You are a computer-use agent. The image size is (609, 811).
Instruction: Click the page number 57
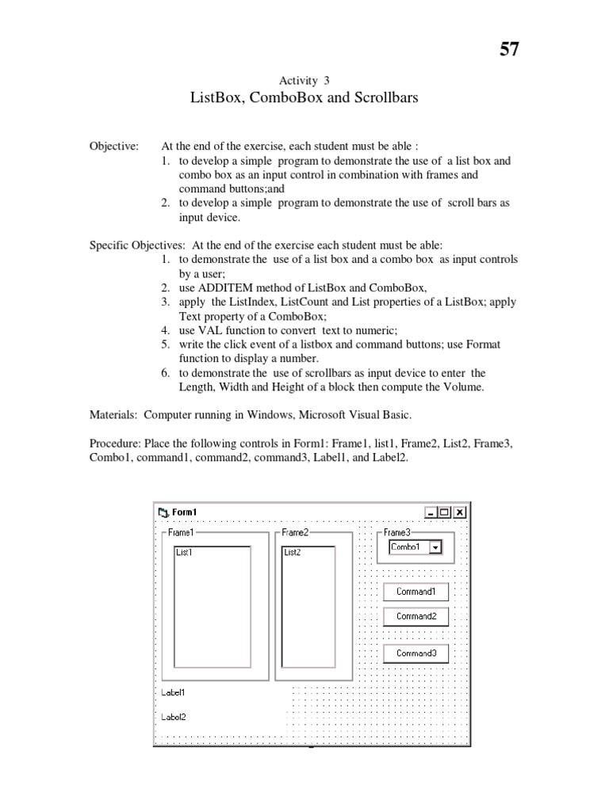point(509,49)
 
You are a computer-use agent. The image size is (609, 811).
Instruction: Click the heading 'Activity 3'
point(304,80)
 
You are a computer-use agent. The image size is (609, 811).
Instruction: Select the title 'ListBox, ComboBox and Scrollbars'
point(304,98)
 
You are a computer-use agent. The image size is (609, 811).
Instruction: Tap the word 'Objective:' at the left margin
point(114,147)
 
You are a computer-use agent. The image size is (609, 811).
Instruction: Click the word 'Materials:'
point(114,414)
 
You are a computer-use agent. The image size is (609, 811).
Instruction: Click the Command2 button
point(416,616)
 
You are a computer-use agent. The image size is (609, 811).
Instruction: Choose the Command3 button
point(416,653)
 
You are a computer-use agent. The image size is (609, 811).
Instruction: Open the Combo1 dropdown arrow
point(435,547)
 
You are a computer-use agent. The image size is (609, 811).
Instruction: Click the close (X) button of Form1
point(460,512)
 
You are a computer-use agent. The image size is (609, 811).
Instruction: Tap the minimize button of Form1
point(431,512)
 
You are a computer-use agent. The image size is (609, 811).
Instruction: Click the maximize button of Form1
point(445,512)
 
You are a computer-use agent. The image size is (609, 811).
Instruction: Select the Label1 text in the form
point(174,691)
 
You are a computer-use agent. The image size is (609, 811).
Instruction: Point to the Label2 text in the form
point(174,717)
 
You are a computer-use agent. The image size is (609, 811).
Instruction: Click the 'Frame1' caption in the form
point(181,533)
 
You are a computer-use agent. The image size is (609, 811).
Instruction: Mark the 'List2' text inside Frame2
point(293,552)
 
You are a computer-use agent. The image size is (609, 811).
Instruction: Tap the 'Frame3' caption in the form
point(397,533)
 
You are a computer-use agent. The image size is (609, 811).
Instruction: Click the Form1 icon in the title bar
point(163,512)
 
